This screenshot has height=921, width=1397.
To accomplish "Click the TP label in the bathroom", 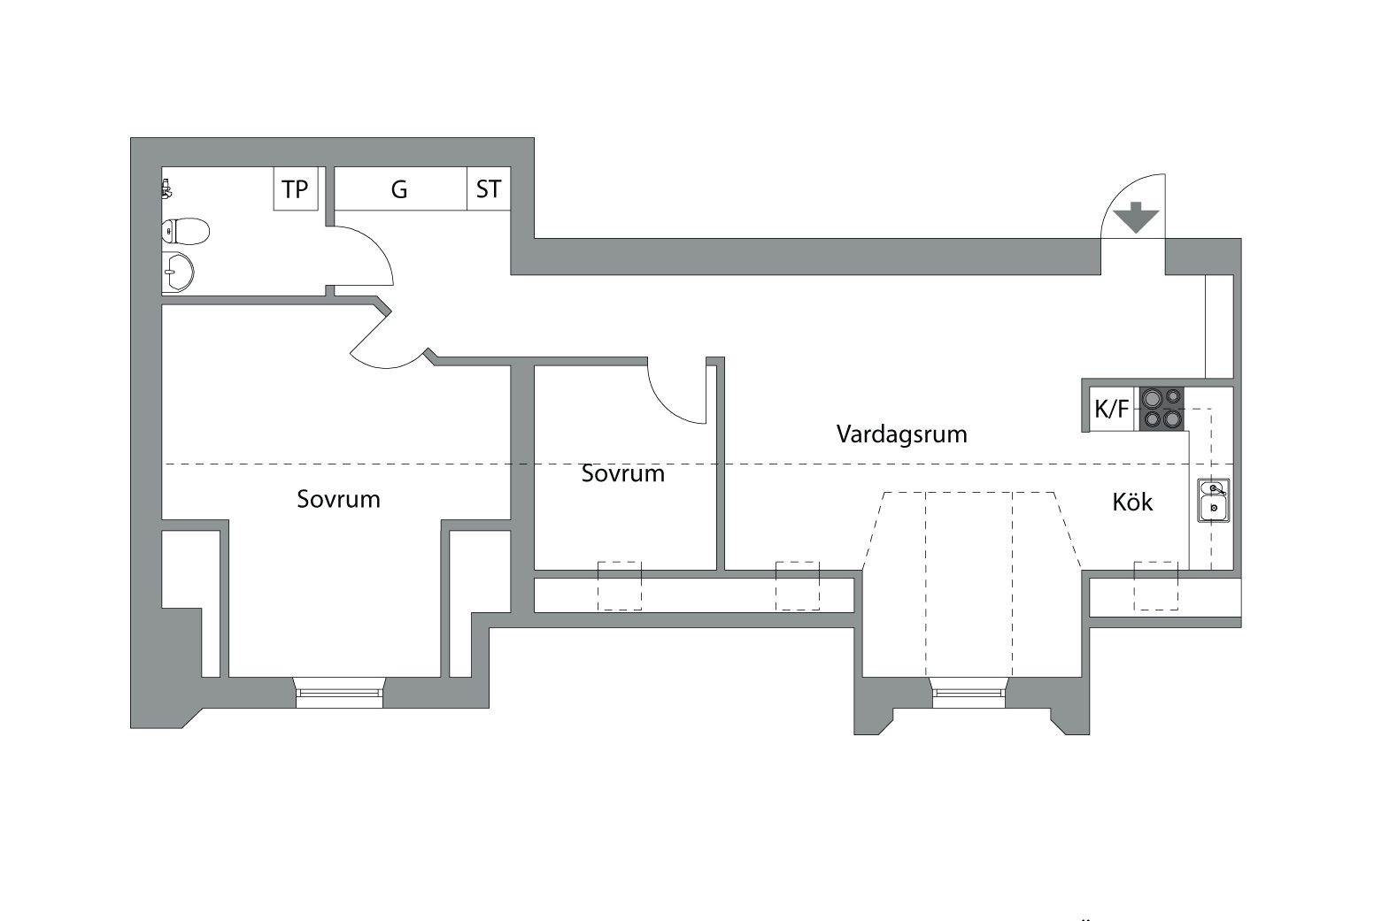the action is (x=295, y=188).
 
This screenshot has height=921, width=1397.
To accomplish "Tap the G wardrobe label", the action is (x=399, y=189).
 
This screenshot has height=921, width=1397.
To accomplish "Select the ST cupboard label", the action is (x=489, y=188).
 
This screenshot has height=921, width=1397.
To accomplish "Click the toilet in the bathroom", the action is (x=185, y=232).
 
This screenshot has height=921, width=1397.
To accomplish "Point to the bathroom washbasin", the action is (x=178, y=272).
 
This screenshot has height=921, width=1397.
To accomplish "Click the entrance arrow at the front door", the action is (x=1137, y=218).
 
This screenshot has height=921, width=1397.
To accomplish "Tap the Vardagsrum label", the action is (x=902, y=434).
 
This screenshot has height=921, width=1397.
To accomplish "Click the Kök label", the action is (x=1132, y=502).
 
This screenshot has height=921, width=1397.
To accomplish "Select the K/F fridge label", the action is (x=1111, y=410).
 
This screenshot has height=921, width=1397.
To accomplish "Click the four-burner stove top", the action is (x=1162, y=409).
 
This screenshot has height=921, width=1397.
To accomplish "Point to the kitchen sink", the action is (x=1214, y=500).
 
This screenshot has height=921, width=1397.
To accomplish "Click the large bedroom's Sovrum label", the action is (x=339, y=499).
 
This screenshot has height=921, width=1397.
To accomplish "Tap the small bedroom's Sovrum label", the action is (x=623, y=473).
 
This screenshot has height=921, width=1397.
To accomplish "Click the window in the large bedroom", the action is (x=339, y=693).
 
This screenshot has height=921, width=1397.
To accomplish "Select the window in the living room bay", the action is (x=969, y=693).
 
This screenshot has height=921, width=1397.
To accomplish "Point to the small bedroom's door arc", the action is (x=668, y=406).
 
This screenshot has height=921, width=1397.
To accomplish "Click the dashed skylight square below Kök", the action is (x=1155, y=586).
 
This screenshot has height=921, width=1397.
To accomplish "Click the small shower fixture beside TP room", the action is (x=166, y=188).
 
